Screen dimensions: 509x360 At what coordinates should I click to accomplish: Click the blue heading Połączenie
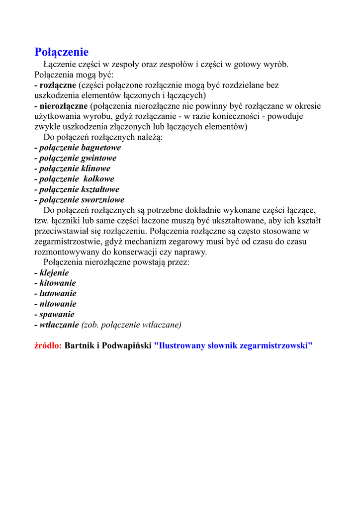(62, 52)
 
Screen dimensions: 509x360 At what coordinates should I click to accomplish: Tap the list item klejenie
(54, 273)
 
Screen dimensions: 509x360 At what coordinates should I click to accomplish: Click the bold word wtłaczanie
(59, 325)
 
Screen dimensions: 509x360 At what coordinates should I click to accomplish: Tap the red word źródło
(48, 346)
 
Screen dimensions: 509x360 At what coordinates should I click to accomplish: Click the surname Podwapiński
(126, 346)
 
